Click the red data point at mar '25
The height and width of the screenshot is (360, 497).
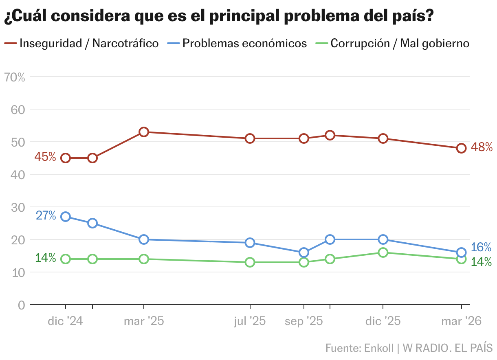point(144,132)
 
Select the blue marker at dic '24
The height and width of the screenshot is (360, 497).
point(66,217)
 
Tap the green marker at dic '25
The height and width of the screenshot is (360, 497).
point(383,252)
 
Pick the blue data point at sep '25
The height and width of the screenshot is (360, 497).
point(304,252)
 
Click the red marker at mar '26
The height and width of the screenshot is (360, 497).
point(461,148)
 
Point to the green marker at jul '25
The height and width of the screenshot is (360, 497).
point(250,262)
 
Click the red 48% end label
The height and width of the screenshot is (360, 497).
point(482,147)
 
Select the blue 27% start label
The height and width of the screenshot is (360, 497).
point(46,215)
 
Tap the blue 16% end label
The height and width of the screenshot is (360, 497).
point(481,247)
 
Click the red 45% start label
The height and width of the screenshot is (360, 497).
point(45,157)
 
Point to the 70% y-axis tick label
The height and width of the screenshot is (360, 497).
point(14,77)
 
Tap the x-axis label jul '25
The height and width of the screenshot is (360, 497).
point(250,321)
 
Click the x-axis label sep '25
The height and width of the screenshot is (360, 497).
point(303,321)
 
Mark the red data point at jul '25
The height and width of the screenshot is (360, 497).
point(250,138)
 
